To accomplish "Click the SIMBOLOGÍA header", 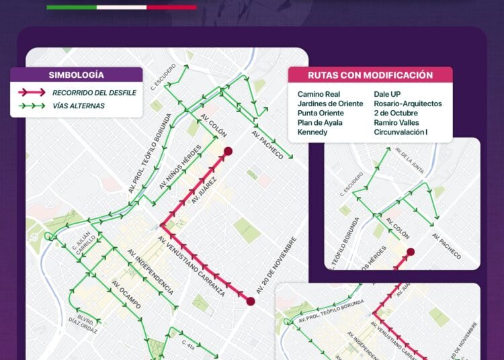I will pos(76,75).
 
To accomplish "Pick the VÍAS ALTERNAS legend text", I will pos(78,105).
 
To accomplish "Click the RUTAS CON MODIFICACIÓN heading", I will pos(370,75).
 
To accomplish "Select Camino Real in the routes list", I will pos(318,95).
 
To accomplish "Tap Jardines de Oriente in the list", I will pos(330,104).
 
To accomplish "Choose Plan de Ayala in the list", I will pos(320,123).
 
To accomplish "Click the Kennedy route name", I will pos(312,132).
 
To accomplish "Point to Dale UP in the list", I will pos(389,95).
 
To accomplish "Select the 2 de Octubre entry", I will pos(396,114).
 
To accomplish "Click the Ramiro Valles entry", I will pos(396,123).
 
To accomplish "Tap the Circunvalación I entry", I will pos(401,132).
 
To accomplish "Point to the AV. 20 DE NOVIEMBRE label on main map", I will pos(276,265).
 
